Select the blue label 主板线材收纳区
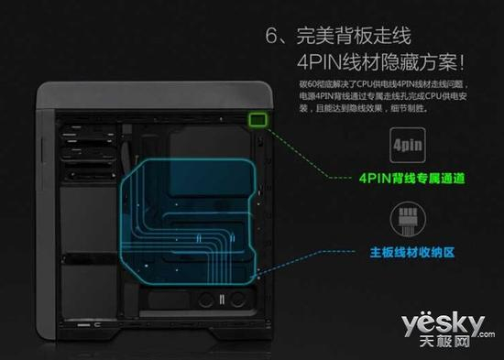pos(407,249)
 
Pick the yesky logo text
pos(445,323)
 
